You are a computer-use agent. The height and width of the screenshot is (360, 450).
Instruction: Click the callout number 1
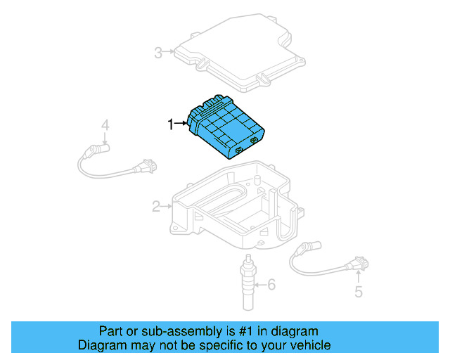coord(169,124)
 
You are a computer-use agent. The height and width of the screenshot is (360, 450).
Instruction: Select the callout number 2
coord(156,206)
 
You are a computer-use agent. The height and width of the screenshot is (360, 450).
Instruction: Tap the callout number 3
coord(158,52)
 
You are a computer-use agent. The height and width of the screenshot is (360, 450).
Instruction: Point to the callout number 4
coord(105,126)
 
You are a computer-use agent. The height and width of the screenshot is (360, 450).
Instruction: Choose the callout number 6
coord(272,285)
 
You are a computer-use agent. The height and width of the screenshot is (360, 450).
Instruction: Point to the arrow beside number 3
coord(169,52)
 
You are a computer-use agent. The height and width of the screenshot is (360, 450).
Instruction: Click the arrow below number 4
coord(105,139)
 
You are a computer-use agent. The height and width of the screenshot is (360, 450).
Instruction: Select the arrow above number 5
coord(359,277)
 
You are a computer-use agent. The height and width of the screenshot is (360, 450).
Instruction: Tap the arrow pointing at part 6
coord(260,285)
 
